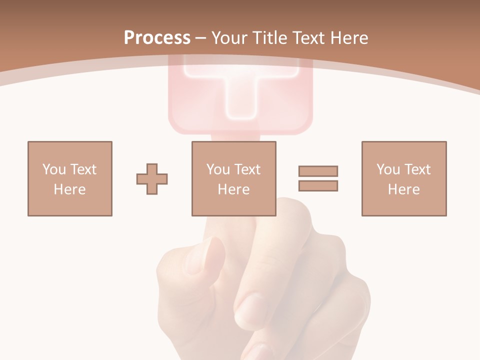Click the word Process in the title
click(x=157, y=38)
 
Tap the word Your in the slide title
click(x=229, y=38)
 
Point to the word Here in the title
click(x=348, y=38)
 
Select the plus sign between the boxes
click(x=152, y=179)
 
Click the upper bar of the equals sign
click(x=318, y=171)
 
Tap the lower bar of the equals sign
click(x=318, y=185)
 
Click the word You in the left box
click(x=54, y=169)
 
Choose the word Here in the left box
click(x=69, y=189)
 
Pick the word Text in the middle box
click(x=247, y=169)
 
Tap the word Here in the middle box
click(x=233, y=189)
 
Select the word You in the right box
click(x=388, y=169)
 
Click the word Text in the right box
click(x=417, y=169)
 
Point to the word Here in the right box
click(x=403, y=189)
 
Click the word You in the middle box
click(x=218, y=169)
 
